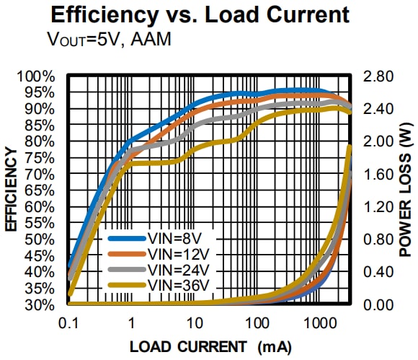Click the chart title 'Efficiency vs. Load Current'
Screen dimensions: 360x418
(x=208, y=14)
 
